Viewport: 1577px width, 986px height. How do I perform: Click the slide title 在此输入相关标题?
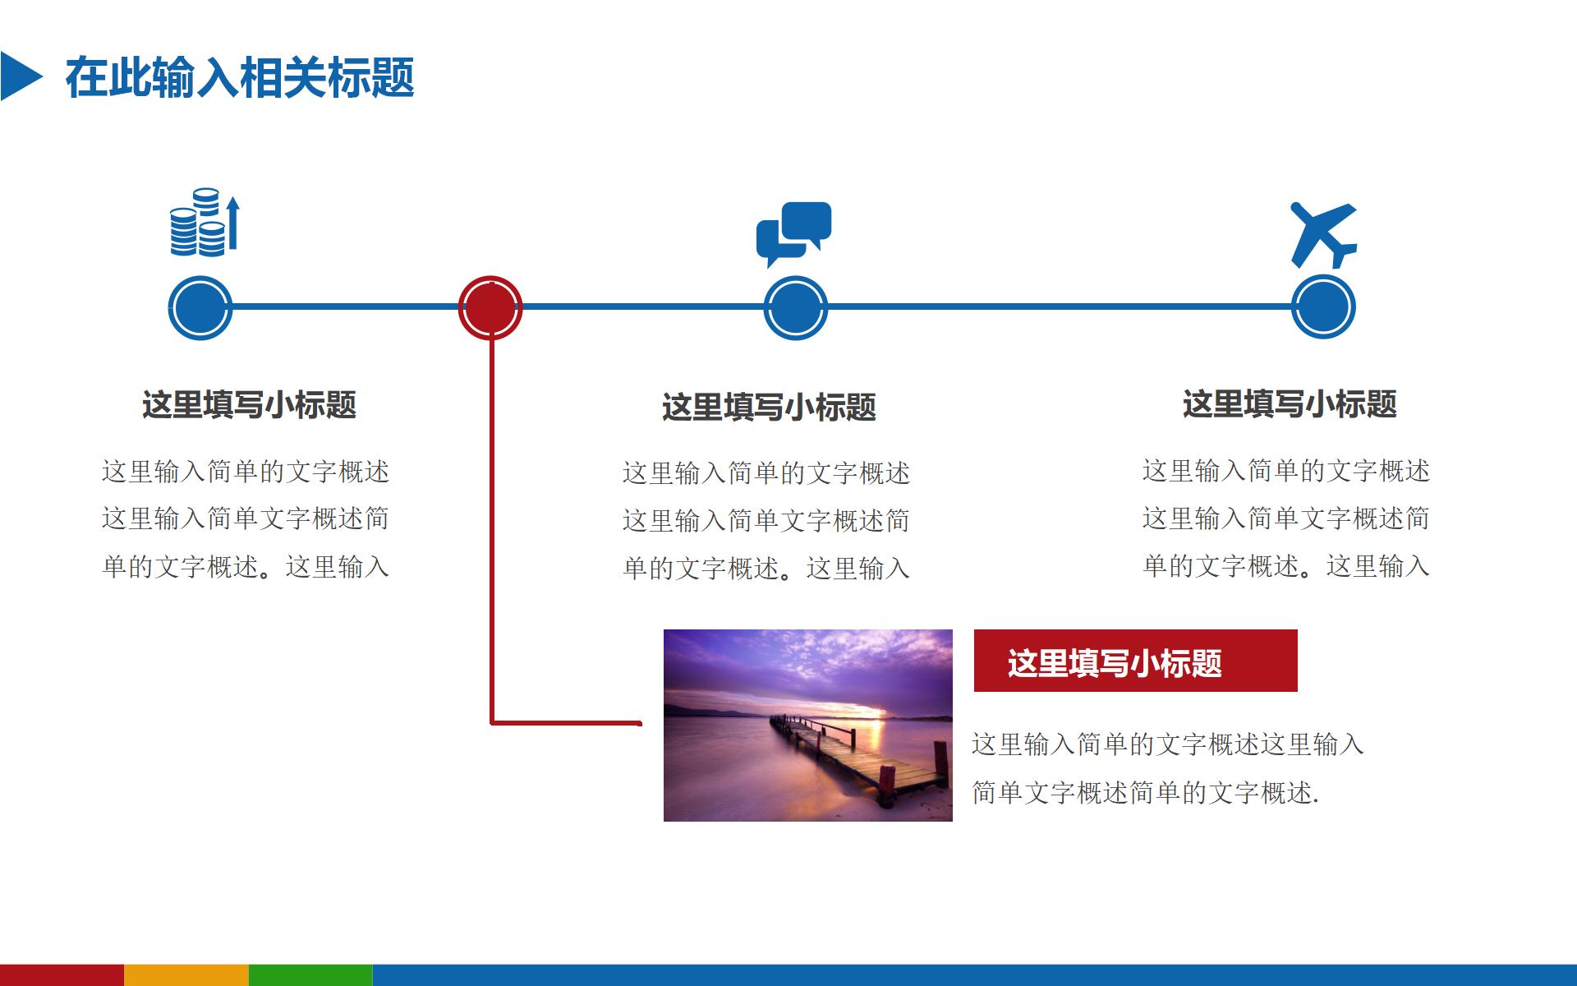tap(240, 78)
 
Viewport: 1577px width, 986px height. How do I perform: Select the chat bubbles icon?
tap(793, 232)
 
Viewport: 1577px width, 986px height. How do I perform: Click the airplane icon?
tap(1322, 234)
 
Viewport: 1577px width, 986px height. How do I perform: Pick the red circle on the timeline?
tap(490, 307)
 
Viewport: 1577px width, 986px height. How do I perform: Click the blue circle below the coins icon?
tap(200, 307)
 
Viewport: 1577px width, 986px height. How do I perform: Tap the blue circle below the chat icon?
tap(795, 307)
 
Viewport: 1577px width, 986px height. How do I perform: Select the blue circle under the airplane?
tap(1322, 307)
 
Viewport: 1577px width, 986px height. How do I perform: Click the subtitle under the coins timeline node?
tap(249, 405)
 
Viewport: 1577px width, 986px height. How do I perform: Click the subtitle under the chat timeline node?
tap(769, 408)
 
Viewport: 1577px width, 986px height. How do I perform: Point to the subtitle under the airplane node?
tap(1289, 404)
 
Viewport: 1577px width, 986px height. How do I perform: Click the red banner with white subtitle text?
tap(1134, 661)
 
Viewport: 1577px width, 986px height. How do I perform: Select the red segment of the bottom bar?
tap(62, 975)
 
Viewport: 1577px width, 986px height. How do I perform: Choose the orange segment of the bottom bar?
tap(186, 975)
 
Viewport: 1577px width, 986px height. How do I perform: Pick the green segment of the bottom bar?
tap(310, 975)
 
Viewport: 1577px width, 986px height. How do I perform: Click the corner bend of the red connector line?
tap(492, 723)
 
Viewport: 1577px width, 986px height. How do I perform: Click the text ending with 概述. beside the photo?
tap(1145, 792)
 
